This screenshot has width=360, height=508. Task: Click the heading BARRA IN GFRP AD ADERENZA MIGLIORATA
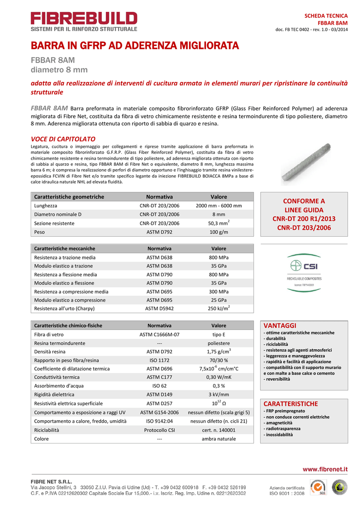click(135, 46)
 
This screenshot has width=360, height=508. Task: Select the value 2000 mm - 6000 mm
click(218, 205)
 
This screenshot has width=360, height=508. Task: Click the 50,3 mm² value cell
click(218, 223)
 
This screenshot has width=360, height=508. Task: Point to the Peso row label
click(40, 232)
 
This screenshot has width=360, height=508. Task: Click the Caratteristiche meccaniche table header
click(65, 249)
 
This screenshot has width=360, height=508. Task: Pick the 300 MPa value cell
click(218, 292)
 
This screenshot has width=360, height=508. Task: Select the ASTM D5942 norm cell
click(159, 309)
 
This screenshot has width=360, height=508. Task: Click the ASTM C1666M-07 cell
click(159, 335)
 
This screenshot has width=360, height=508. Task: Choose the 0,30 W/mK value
click(218, 377)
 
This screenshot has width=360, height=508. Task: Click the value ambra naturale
click(218, 439)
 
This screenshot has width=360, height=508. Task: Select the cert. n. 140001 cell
click(218, 430)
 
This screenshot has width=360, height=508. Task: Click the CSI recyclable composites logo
click(304, 270)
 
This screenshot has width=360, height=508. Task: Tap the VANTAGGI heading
click(280, 325)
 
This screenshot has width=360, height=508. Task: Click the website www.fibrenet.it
click(325, 469)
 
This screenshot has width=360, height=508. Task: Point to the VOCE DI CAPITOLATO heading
click(63, 139)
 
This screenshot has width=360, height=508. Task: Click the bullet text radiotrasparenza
click(283, 429)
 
